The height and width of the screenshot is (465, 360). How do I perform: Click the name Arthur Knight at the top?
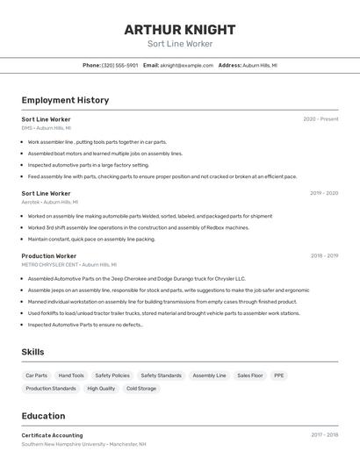pos(179,29)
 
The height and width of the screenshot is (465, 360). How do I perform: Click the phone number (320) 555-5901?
pos(119,65)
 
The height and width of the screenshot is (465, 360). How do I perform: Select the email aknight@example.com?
pos(187,65)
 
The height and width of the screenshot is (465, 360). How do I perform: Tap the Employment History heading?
pos(65,100)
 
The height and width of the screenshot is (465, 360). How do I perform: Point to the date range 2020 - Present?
pos(320,119)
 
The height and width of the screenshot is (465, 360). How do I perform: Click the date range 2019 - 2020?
pos(323,193)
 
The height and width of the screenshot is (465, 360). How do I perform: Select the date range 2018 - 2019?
pos(323,256)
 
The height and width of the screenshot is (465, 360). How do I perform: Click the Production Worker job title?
pos(49,256)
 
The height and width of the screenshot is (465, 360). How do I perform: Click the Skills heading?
pos(33,352)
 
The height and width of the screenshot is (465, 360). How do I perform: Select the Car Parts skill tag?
pos(37,376)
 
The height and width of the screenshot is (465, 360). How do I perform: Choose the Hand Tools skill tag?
pos(71,376)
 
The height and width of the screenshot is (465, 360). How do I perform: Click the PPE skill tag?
pos(279,376)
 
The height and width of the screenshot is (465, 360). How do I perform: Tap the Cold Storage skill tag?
pos(141,389)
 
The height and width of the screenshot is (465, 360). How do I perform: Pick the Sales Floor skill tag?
pos(250,376)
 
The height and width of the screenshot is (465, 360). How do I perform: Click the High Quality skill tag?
pos(101,389)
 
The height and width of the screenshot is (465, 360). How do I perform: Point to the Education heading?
pos(43,416)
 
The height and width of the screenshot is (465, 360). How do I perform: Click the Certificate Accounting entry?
pos(52,435)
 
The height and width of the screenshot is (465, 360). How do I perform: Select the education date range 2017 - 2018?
pos(323,435)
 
